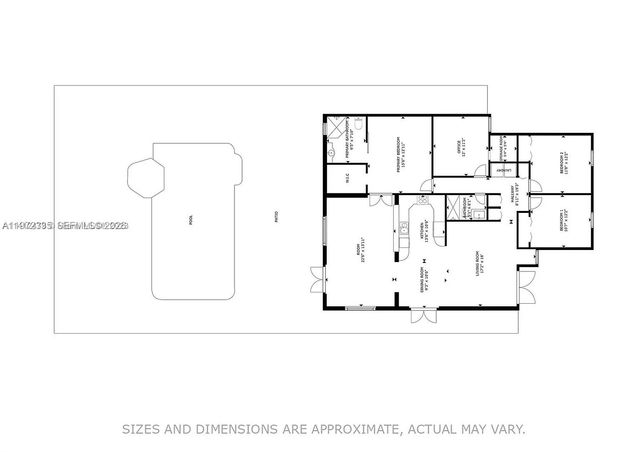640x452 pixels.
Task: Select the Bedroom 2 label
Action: [565, 161]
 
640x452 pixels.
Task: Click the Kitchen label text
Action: [426, 230]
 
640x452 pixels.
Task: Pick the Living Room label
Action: [478, 263]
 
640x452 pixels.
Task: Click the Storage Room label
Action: [504, 148]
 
